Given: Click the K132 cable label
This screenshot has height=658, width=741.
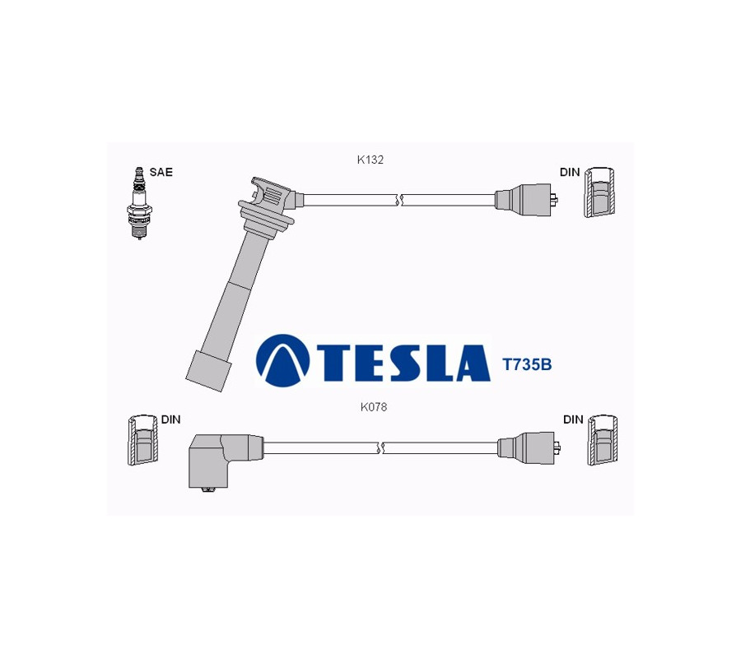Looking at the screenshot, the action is click(x=370, y=160).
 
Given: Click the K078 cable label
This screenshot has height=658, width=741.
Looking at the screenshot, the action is click(x=373, y=407).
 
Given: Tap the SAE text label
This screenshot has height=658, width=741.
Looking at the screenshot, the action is click(x=161, y=172).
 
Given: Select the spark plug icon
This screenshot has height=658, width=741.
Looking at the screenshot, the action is click(x=139, y=203).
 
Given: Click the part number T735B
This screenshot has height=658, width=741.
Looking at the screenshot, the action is click(x=526, y=365).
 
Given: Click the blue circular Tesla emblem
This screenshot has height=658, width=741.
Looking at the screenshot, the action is click(x=282, y=361).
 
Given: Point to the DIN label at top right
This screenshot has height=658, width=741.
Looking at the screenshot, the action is click(x=570, y=172).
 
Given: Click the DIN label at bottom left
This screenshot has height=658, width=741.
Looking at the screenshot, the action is click(x=170, y=419).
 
